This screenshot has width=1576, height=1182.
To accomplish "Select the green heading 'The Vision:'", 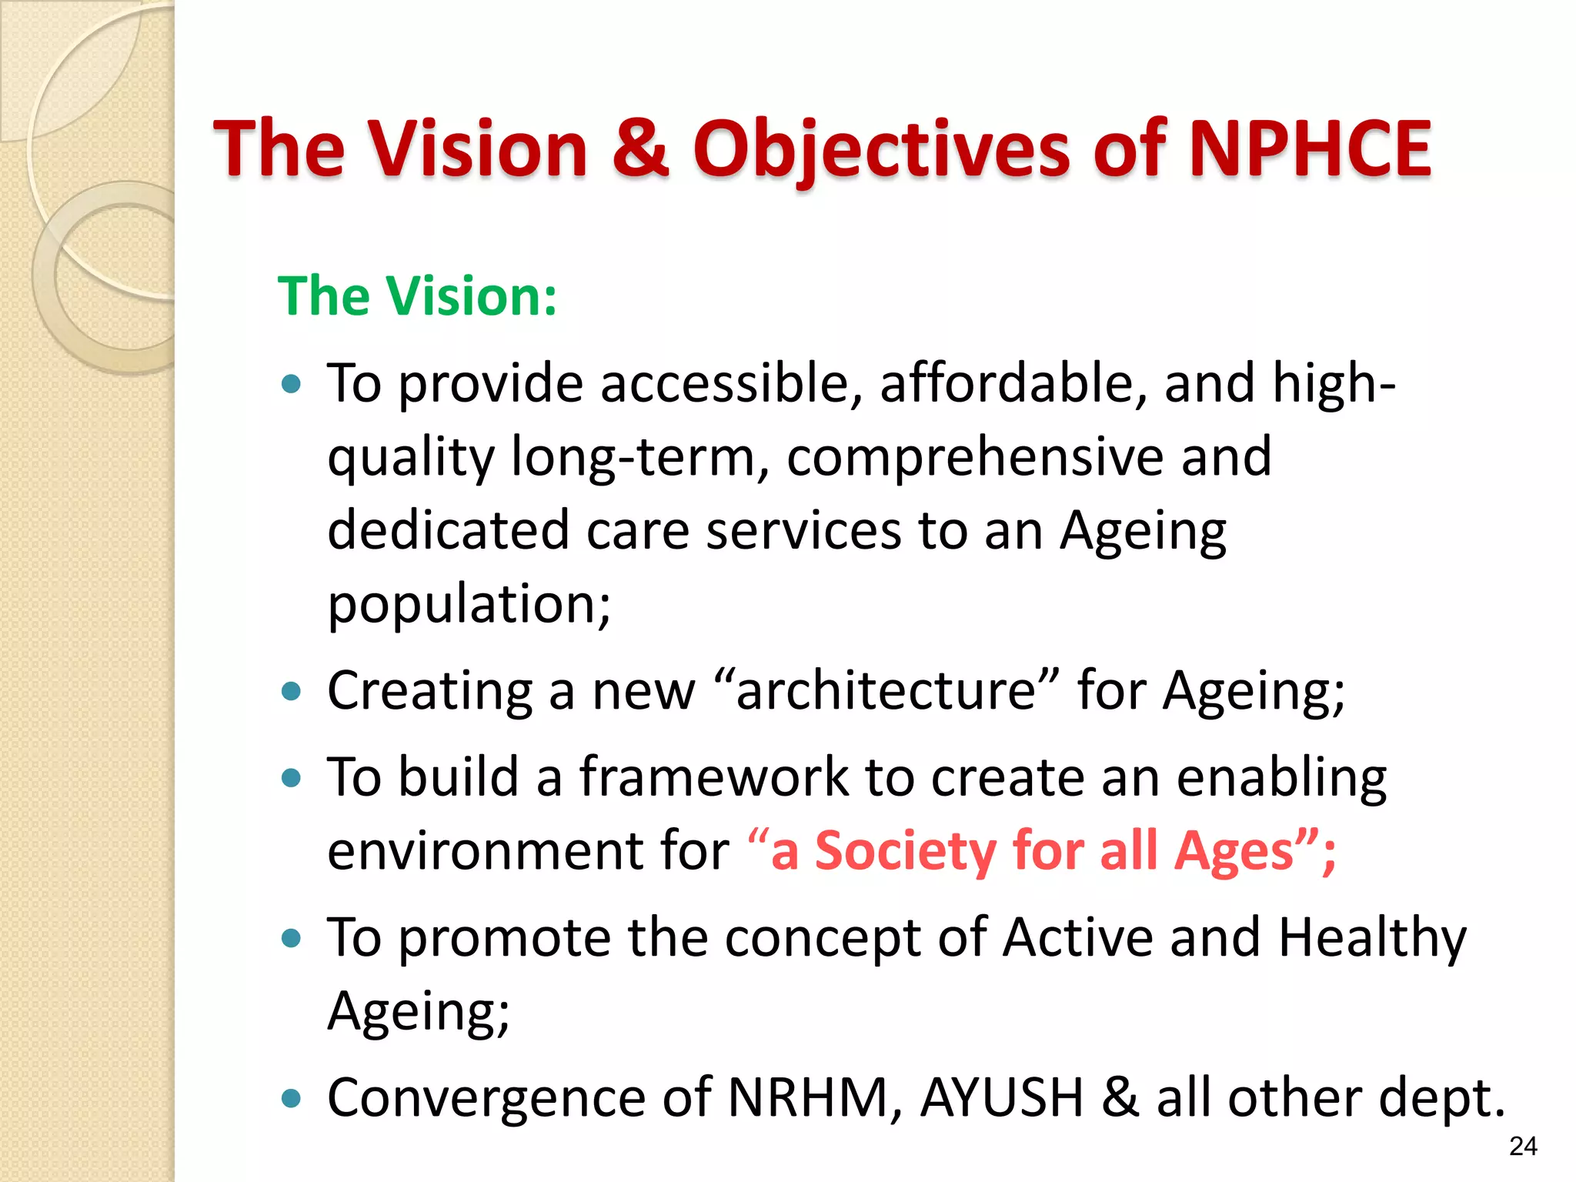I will [x=417, y=296].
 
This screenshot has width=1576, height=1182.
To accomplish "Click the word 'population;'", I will [x=469, y=604].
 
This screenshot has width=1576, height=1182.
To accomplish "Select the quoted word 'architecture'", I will [x=886, y=690].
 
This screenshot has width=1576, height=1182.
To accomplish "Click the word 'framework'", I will [x=713, y=776].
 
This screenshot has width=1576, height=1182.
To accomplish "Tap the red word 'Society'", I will [x=904, y=851].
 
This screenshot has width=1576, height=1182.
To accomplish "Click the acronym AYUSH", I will [x=1002, y=1097].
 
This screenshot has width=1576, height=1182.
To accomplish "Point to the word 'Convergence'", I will [x=486, y=1097].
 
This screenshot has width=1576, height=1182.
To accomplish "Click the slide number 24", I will [x=1523, y=1146].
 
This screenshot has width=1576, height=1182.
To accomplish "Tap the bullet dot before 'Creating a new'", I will [x=292, y=691].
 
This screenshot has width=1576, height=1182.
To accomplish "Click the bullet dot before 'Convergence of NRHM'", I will [x=292, y=1098].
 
